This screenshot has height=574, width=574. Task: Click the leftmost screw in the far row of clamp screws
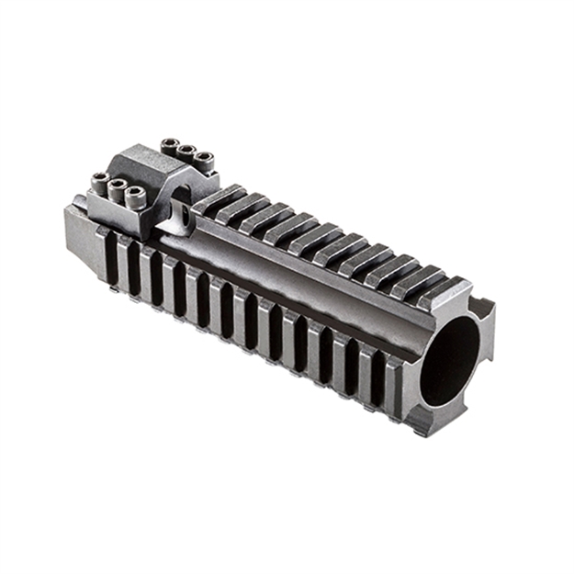pos(171,144)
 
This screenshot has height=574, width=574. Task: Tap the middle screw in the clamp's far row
pos(186,151)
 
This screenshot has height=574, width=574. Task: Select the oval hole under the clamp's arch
pos(183,216)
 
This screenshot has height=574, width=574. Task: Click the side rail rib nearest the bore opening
pos(395,377)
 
